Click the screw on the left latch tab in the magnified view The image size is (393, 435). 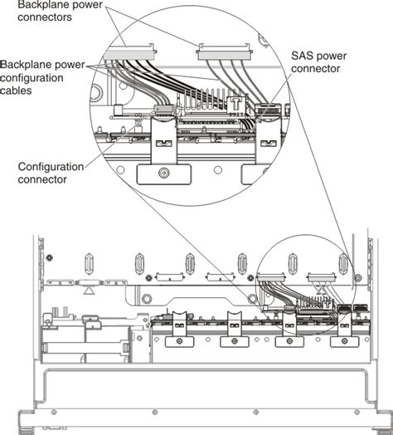[163, 174]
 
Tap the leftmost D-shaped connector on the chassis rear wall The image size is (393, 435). [87, 268]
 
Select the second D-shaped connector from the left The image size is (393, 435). [138, 268]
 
